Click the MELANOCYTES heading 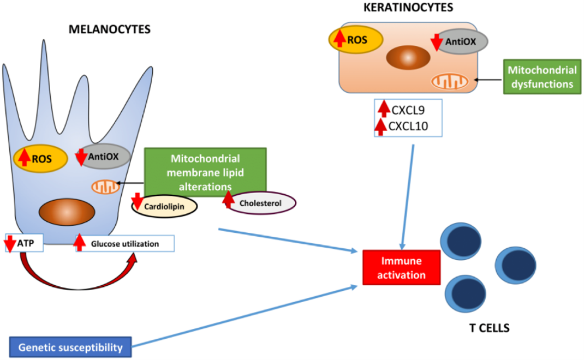[x=110, y=29]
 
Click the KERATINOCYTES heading [x=408, y=8]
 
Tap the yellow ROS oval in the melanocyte [x=40, y=159]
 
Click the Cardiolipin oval [x=164, y=206]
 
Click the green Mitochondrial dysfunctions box [x=542, y=77]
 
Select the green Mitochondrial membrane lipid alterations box [x=205, y=172]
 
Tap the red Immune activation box [x=402, y=268]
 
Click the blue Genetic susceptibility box [x=70, y=347]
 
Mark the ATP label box [x=24, y=243]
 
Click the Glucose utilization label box [x=125, y=243]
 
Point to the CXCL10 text [x=408, y=126]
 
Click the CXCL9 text [x=408, y=110]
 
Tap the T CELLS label [x=490, y=328]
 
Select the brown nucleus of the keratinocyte [x=408, y=58]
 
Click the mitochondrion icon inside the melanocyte [x=106, y=187]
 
